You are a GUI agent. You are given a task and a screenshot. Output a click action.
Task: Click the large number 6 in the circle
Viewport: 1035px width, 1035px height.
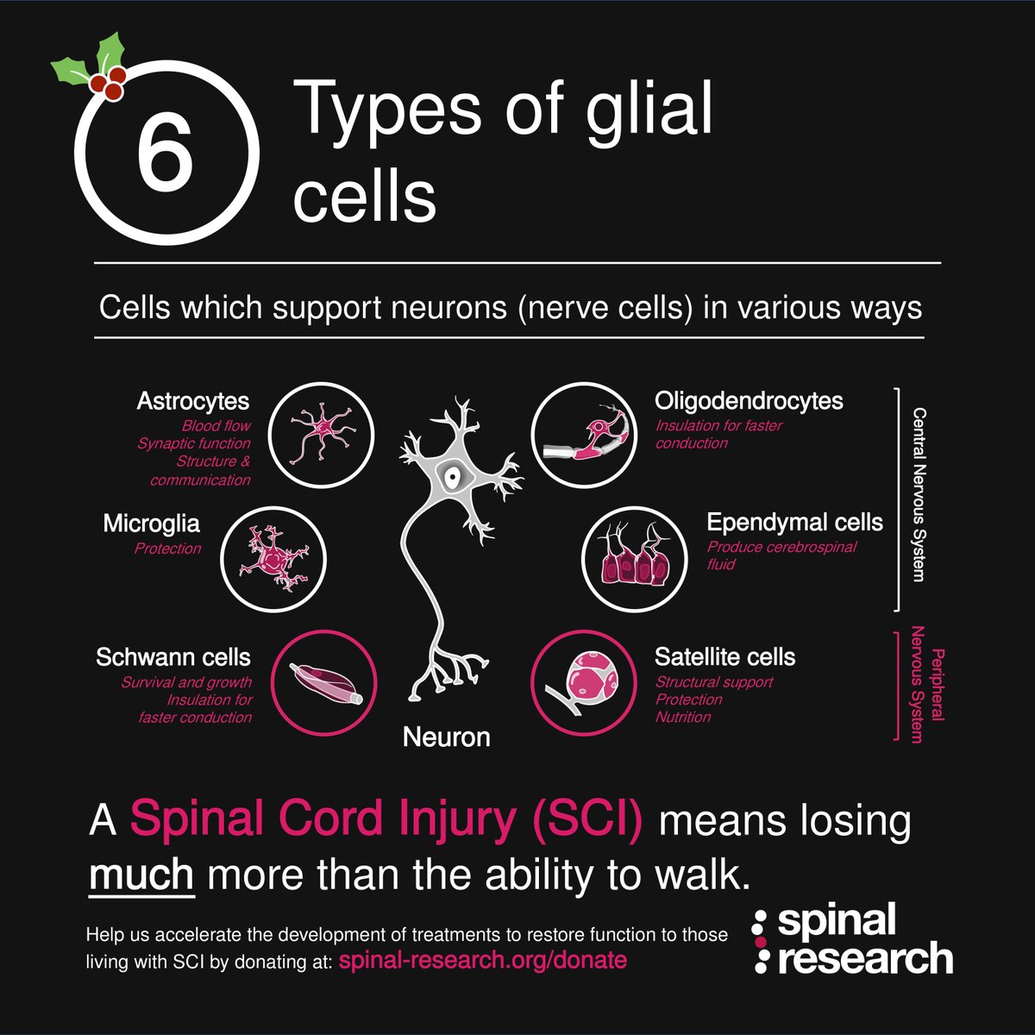pos(164,157)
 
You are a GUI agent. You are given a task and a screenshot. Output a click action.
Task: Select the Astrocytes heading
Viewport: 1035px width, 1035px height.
pos(192,401)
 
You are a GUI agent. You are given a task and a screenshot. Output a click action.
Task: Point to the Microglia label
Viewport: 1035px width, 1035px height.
pos(151,524)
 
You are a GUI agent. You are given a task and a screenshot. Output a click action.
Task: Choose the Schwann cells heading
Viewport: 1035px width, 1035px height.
pos(173,657)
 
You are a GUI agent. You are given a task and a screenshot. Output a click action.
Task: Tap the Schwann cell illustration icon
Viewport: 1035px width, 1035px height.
pos(323,681)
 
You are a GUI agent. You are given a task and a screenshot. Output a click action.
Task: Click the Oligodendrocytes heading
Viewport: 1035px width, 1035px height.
pos(749,401)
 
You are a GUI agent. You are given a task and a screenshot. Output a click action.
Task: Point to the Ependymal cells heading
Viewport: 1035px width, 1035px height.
pos(794,523)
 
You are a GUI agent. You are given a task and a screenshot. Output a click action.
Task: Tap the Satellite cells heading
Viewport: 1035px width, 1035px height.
pos(724,657)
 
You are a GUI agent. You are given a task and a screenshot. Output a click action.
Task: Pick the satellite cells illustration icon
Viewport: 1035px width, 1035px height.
pos(582,681)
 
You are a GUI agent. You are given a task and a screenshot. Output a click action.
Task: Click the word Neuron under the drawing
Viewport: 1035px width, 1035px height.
pos(446,737)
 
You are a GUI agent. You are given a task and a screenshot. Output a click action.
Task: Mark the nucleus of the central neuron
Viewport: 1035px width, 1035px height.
pos(451,475)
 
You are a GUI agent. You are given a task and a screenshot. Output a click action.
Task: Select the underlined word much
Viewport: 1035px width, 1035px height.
pos(141,875)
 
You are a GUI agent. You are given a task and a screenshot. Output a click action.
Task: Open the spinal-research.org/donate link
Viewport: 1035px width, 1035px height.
pos(483,960)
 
